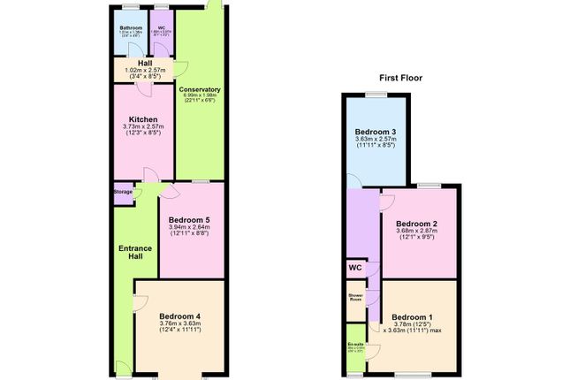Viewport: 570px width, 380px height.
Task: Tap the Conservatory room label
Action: coord(200,89)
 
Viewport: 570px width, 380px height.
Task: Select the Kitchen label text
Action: coord(143,119)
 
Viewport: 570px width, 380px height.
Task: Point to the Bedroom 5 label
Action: coord(189,219)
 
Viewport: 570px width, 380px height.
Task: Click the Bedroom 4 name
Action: coord(180,315)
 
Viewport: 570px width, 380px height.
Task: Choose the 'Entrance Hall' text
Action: coord(132,253)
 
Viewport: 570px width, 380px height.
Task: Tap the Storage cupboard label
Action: coord(123,191)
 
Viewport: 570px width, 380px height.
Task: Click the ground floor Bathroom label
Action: coord(131,28)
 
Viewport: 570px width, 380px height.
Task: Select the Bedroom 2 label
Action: coord(416,224)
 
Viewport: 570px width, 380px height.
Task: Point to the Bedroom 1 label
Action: coord(413,316)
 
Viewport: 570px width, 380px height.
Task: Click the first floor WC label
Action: coord(355,268)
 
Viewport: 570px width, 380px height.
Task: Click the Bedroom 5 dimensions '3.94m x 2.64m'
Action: coord(189,227)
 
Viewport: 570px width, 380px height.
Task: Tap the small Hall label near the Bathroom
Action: coord(143,63)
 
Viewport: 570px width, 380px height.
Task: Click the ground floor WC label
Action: coord(162,28)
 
